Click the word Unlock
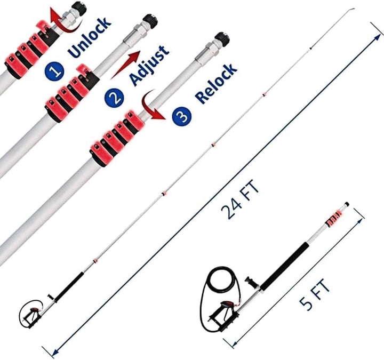point(90,37)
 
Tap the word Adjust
point(149,66)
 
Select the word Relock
point(216,84)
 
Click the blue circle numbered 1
point(54,71)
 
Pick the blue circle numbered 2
point(114,98)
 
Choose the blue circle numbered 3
point(182,116)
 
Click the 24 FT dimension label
point(240,199)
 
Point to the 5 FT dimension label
point(315,294)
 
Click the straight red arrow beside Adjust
point(126,65)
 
